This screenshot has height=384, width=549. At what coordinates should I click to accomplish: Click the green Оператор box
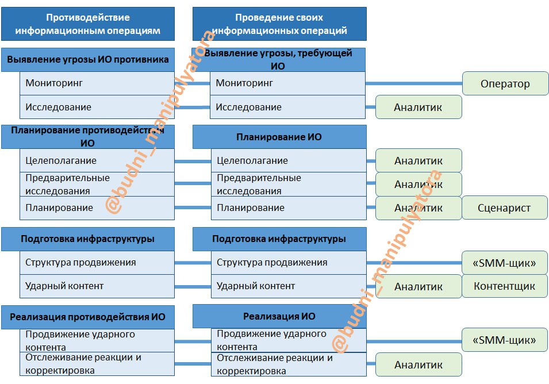505,84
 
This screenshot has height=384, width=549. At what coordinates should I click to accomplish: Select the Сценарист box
504,208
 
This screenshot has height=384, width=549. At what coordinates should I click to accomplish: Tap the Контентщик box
504,286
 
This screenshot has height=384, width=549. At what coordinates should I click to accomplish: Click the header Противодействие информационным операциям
88,24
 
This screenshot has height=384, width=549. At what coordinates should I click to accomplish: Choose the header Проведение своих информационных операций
279,24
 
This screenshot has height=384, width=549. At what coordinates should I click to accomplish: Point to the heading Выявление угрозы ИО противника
88,59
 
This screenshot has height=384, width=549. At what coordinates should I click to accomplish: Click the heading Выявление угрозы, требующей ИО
279,59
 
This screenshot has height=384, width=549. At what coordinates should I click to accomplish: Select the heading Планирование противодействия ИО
88,137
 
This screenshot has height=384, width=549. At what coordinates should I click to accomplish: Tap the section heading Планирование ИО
279,137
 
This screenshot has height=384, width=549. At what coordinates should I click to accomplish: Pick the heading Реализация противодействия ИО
88,317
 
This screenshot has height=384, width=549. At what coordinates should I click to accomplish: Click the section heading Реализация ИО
279,316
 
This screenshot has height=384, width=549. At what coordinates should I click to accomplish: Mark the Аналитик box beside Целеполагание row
419,161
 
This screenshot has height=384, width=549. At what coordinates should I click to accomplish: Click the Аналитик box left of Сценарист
419,208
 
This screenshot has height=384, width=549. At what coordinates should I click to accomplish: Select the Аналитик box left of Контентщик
419,286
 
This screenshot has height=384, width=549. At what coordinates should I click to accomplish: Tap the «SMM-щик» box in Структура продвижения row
504,263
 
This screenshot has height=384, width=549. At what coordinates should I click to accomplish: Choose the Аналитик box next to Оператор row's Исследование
419,107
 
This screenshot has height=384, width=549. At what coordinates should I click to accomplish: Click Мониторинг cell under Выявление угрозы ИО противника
97,83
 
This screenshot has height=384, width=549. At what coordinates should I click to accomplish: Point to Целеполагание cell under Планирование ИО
288,161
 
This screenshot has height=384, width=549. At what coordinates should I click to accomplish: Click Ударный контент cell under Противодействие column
97,286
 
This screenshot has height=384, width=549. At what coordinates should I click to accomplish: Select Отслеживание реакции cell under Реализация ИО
288,364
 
